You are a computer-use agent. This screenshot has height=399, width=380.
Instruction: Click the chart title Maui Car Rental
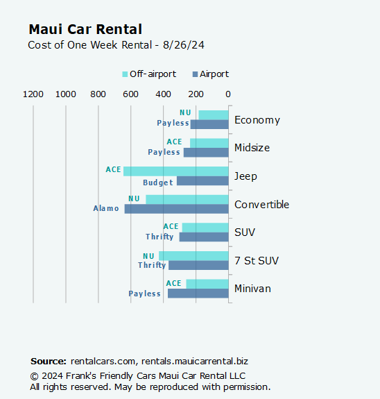click(85, 29)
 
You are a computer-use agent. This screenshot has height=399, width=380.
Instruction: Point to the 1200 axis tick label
click(33, 94)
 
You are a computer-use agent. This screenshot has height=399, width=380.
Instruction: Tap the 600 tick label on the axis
click(130, 94)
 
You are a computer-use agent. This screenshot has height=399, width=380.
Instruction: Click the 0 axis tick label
click(228, 94)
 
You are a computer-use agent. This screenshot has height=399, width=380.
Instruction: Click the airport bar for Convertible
click(176, 209)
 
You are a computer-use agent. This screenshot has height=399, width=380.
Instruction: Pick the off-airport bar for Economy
click(213, 114)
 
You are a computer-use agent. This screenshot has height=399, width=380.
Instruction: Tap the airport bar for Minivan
click(198, 294)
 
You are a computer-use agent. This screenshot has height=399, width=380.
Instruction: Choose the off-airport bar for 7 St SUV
click(193, 255)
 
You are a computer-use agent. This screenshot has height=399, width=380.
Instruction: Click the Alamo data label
click(106, 208)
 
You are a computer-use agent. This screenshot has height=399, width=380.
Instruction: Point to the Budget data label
click(158, 182)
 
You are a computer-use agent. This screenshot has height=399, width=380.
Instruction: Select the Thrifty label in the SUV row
click(159, 237)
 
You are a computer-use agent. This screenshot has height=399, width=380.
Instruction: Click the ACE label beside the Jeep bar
click(113, 170)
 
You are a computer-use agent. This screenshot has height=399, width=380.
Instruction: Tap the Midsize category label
click(252, 148)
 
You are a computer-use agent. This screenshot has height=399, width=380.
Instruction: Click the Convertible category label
click(262, 205)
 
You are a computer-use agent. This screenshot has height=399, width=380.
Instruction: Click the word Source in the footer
click(48, 362)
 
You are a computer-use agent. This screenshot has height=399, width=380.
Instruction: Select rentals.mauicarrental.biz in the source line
click(195, 362)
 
